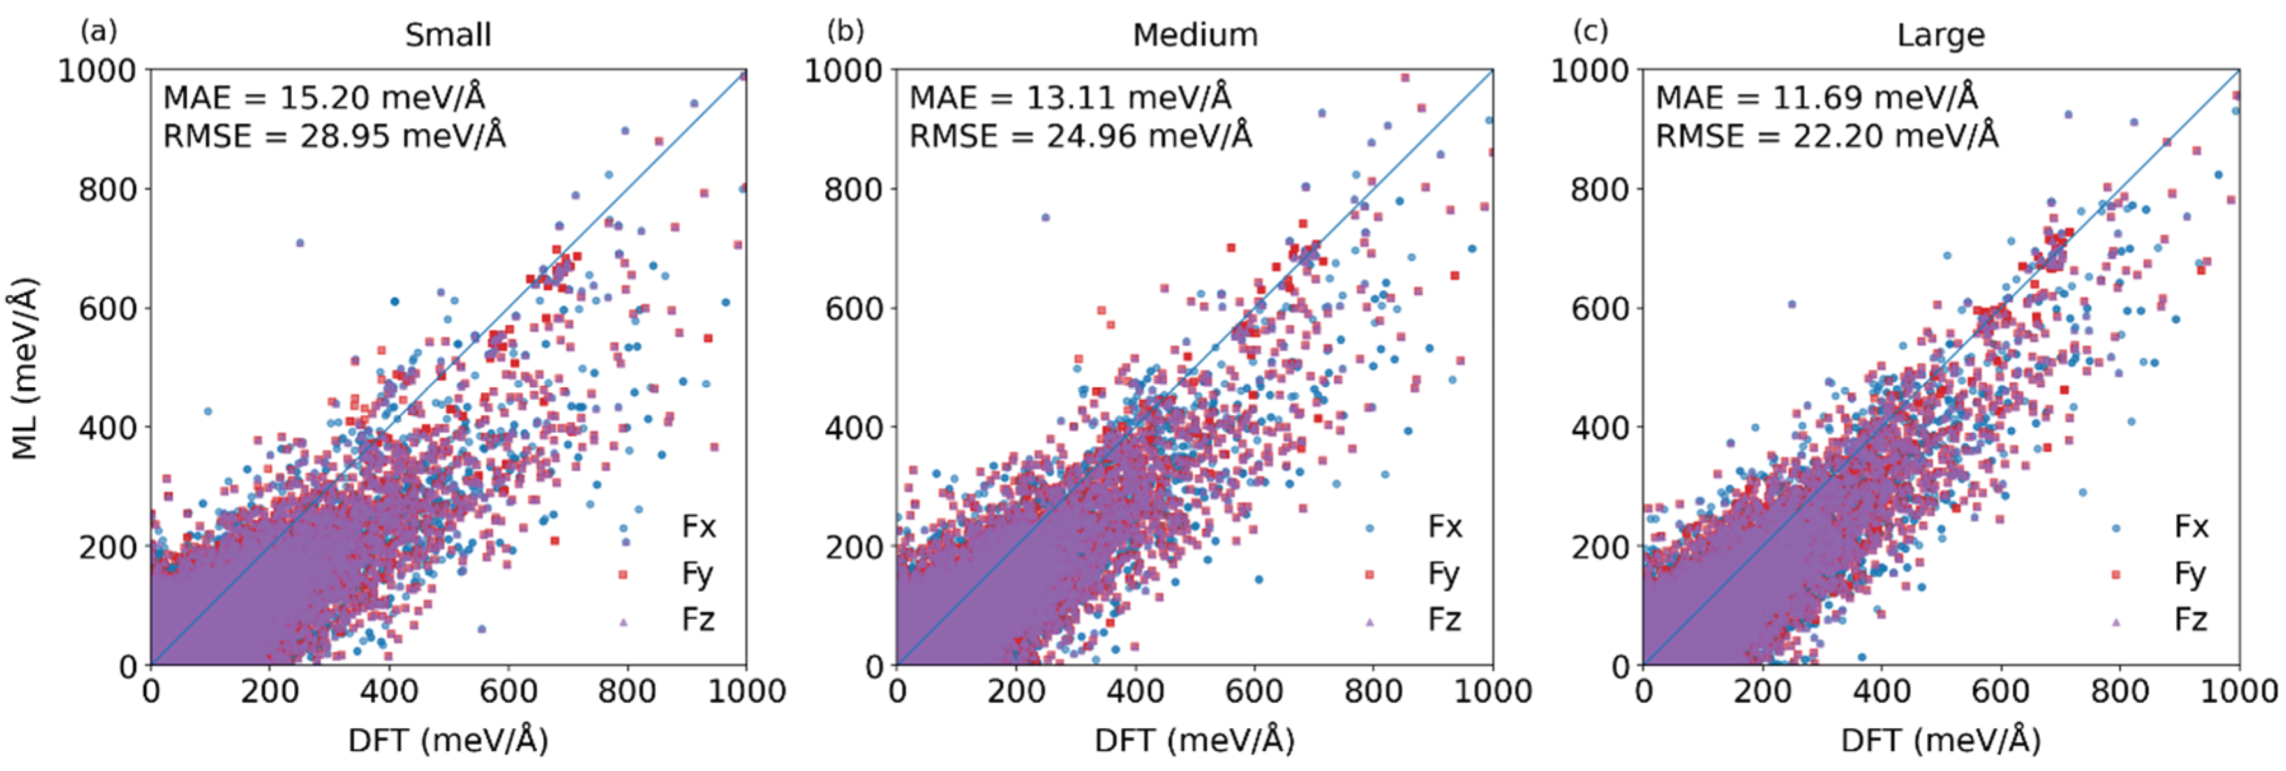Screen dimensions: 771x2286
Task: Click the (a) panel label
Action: [x=98, y=31]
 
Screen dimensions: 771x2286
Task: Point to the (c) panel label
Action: [x=1590, y=31]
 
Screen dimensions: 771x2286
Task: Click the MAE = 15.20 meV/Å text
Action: [x=324, y=97]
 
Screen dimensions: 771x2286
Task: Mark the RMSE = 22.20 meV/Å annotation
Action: [x=1827, y=136]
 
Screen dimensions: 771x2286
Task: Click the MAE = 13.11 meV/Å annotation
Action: [x=1070, y=97]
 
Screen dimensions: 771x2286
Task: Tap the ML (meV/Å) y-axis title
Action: [x=26, y=367]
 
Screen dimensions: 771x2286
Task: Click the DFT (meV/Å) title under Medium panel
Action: [x=1195, y=740]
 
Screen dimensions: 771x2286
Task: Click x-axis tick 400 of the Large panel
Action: [x=1881, y=691]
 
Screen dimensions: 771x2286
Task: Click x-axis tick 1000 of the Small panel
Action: [x=746, y=691]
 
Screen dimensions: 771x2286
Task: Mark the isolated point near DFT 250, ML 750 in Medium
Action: [x=1045, y=217]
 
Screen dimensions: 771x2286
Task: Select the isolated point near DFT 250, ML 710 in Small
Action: [x=300, y=242]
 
